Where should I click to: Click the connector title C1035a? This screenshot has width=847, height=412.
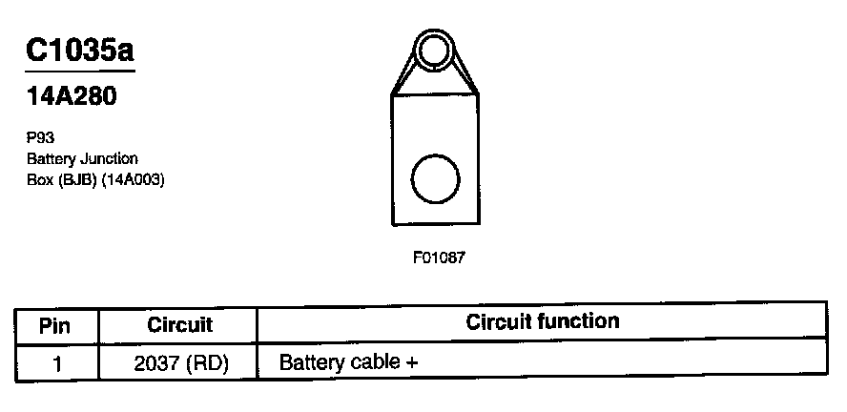80,51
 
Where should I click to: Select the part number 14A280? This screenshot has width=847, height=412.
72,97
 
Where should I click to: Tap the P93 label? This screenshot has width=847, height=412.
40,137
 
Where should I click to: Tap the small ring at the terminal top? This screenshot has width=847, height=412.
434,48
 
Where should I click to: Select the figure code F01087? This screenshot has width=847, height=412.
438,257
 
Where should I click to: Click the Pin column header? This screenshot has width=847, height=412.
55,325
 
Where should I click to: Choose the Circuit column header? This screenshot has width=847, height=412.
179,325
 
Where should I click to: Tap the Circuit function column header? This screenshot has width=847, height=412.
542,321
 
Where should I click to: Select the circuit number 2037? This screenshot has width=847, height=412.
157,363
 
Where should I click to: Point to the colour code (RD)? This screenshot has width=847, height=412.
209,363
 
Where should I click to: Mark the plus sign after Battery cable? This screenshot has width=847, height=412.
411,363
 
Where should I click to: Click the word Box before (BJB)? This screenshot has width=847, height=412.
39,178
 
